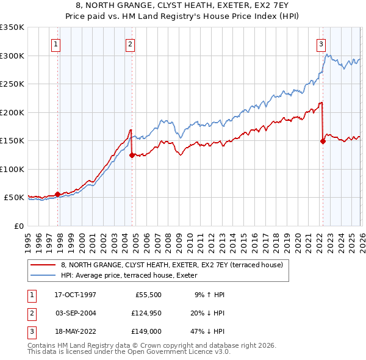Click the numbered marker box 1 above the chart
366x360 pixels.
[56, 43]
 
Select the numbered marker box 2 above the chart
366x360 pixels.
[130, 43]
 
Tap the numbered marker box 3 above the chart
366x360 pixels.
[321, 43]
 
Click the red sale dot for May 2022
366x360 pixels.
[323, 142]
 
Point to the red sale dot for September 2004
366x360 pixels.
[132, 155]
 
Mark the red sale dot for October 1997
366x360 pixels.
[58, 195]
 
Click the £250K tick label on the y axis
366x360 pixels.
[12, 84]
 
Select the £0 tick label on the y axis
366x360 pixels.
[18, 226]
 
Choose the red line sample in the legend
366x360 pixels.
[43, 265]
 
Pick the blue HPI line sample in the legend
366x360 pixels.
[43, 276]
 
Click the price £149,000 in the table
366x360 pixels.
[146, 331]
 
